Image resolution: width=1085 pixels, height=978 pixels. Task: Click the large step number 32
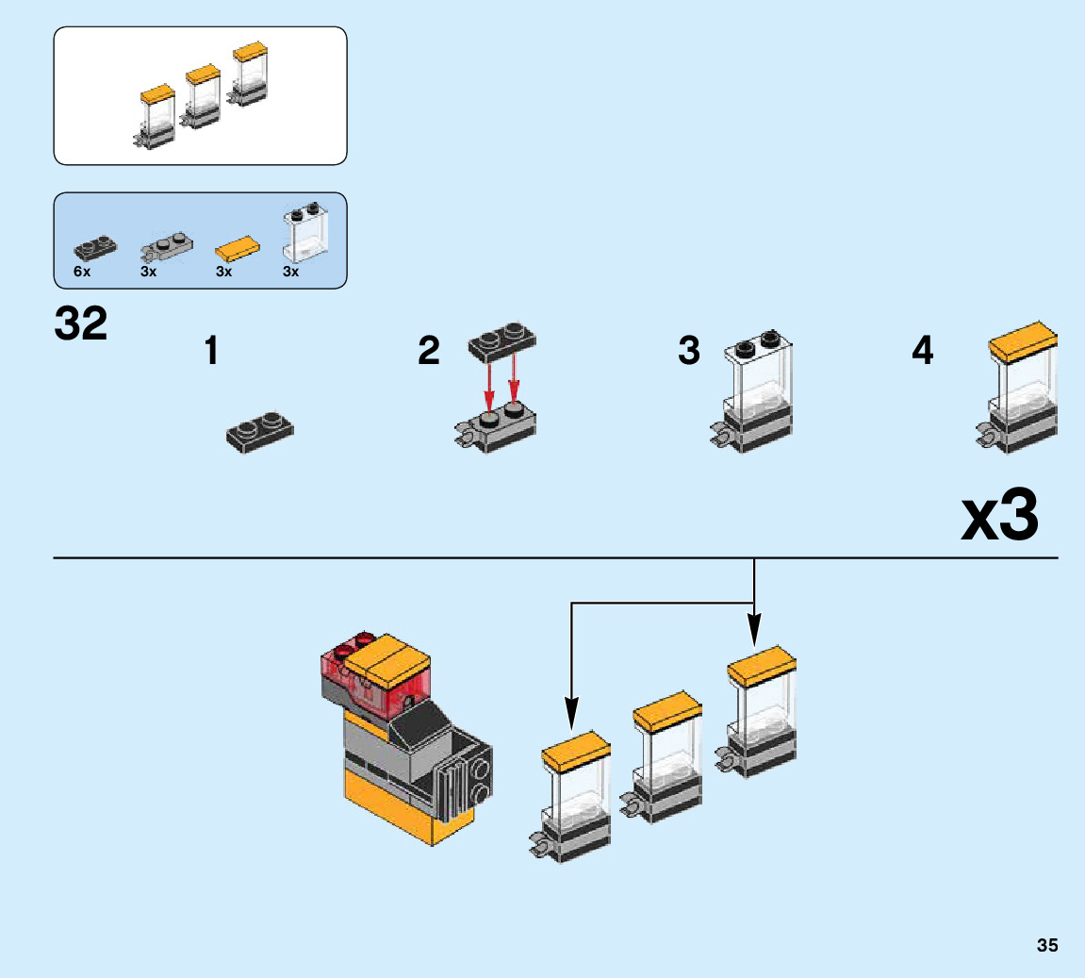(x=81, y=324)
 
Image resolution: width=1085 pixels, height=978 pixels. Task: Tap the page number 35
(x=1046, y=945)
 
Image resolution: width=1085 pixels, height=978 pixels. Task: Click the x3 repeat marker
(x=999, y=517)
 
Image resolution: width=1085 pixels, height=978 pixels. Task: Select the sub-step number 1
(x=211, y=352)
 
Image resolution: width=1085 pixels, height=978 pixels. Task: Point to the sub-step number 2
(x=429, y=352)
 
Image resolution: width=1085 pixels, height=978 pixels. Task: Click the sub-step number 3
(x=689, y=351)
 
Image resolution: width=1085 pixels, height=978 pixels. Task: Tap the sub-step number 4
(x=922, y=352)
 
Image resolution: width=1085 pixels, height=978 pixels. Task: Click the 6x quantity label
(x=82, y=272)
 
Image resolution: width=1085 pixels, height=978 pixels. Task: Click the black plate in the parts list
(x=95, y=248)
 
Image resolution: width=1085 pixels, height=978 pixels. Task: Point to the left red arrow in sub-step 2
(x=489, y=381)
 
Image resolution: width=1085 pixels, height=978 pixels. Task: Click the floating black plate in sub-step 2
(x=501, y=342)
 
